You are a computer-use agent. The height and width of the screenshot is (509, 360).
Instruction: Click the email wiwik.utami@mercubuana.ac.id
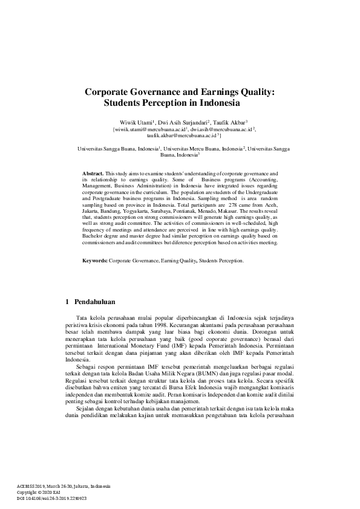coord(151,129)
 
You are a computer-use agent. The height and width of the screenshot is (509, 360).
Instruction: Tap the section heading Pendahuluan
coord(94,301)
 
